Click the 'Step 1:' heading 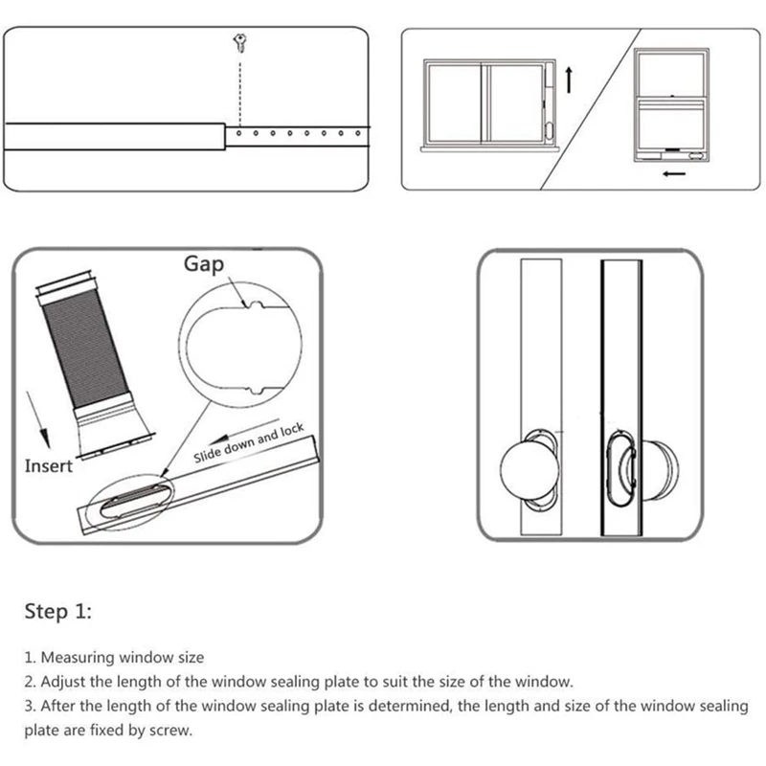(57, 612)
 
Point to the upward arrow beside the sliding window (569, 79)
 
